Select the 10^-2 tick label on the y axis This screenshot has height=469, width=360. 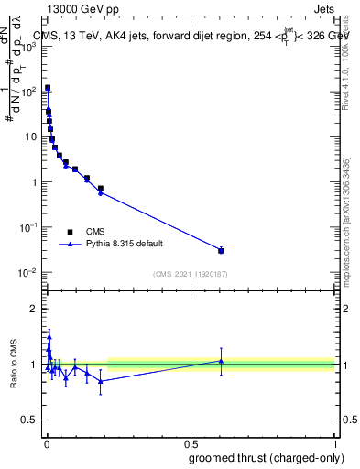tap(27, 272)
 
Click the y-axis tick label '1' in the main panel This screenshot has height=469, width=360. tap(33, 182)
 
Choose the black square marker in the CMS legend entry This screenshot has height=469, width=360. tap(70, 232)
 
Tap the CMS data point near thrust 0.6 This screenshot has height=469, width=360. tap(221, 250)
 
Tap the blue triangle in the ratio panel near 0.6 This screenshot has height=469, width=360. tap(221, 361)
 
